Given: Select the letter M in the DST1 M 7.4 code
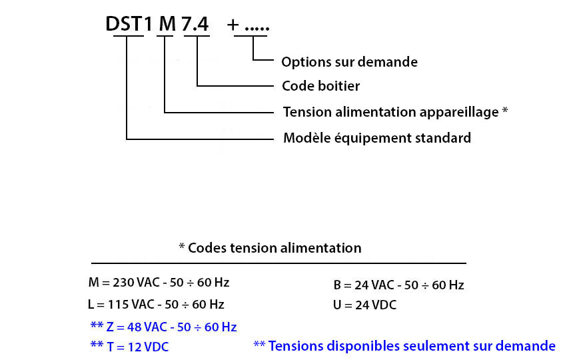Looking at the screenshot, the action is (168, 24).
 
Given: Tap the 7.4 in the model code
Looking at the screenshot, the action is (195, 24).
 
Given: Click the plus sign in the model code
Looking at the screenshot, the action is (233, 25).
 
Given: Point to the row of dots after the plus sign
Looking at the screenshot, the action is (257, 29).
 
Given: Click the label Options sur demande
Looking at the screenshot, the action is (349, 62).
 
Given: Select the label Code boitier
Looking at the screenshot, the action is (321, 86).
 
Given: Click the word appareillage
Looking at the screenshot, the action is (459, 112).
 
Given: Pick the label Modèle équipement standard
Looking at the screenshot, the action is (377, 138).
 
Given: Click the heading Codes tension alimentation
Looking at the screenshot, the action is (275, 248).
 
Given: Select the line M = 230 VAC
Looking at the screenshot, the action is (159, 283).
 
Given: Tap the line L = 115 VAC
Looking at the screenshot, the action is (156, 305).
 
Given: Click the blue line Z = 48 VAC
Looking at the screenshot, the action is (163, 327).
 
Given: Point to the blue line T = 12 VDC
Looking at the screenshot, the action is (129, 347).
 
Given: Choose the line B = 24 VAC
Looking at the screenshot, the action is (398, 285).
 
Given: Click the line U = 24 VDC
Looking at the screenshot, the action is (364, 305).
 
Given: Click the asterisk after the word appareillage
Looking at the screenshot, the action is (505, 109).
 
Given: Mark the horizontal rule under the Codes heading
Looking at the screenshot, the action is (279, 263).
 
